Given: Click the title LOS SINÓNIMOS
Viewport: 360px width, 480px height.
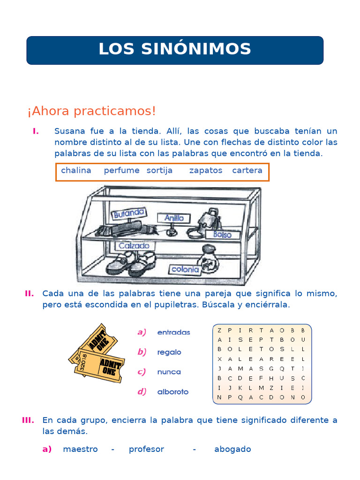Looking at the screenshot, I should (x=174, y=49).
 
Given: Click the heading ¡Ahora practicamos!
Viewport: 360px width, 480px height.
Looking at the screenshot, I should (x=91, y=112).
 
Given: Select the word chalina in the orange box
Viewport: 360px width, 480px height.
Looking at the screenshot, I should (x=76, y=171).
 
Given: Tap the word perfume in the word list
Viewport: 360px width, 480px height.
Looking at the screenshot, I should (x=121, y=171).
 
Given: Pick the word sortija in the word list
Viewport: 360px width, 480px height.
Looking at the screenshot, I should (x=159, y=171).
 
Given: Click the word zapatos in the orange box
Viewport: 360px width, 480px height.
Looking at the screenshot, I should (x=206, y=171).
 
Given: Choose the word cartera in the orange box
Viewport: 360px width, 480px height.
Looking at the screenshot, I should (x=247, y=171).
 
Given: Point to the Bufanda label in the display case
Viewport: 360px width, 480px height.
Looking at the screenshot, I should (x=128, y=214).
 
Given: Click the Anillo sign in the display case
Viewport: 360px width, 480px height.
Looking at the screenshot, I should (x=174, y=218).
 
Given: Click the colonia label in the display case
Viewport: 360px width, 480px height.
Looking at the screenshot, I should (x=185, y=269).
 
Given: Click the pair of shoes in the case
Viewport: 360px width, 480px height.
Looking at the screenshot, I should (x=131, y=262).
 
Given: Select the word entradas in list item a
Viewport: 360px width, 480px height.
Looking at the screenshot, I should (x=173, y=332).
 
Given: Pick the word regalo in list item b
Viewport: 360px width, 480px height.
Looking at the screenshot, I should (x=169, y=352).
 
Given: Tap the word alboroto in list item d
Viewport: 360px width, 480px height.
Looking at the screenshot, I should (x=173, y=392).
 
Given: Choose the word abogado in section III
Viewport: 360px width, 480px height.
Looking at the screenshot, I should (x=232, y=449).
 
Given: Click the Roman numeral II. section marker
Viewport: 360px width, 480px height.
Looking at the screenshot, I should (x=29, y=293).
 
